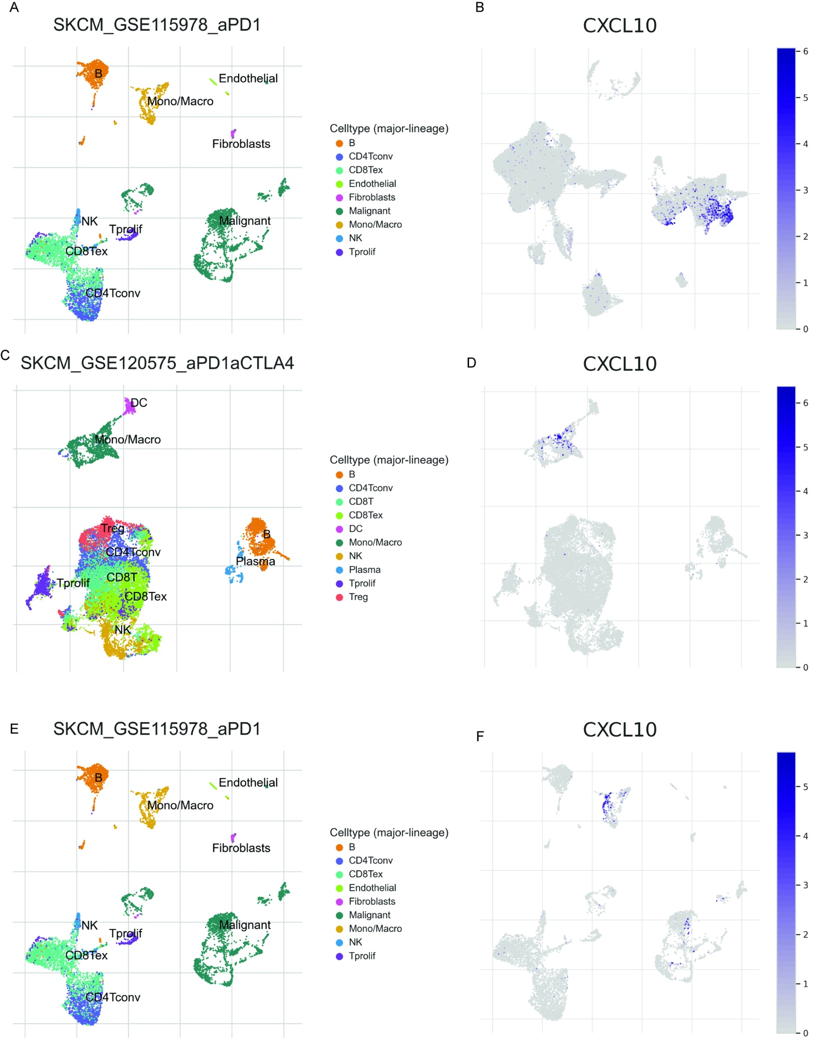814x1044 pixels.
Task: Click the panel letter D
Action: point(471,363)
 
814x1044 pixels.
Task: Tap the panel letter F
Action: point(480,736)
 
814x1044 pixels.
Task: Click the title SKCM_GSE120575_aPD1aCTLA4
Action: point(157,363)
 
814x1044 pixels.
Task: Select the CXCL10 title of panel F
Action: point(619,729)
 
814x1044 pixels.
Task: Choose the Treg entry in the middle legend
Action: point(358,597)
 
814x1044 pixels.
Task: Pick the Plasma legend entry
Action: point(364,570)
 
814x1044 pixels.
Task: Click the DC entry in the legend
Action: point(355,529)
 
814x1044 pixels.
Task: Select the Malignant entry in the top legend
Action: point(369,211)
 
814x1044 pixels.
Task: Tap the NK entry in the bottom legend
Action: point(355,942)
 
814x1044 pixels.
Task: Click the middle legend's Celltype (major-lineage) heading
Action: point(389,460)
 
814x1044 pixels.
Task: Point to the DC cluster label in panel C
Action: point(139,403)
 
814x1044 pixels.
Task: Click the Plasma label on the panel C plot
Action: point(255,561)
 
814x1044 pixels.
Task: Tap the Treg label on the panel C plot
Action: point(112,528)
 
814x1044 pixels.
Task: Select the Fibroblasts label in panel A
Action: point(241,144)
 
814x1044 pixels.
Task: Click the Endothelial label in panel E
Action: point(248,783)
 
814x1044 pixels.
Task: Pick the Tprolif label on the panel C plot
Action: point(73,583)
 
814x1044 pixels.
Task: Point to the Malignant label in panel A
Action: point(245,221)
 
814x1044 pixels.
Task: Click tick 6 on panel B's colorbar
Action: point(805,51)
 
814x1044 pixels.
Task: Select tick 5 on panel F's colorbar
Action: point(805,787)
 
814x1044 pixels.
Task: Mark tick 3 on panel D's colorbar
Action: point(805,535)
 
